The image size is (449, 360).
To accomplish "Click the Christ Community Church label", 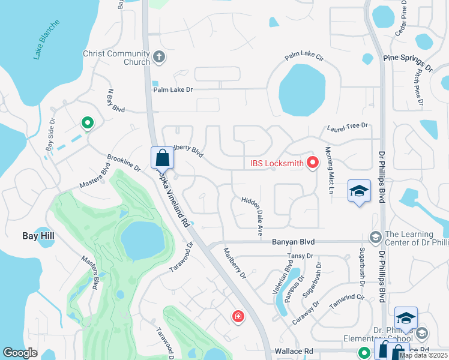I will coord(116,58).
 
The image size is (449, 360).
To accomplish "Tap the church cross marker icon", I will coord(159,58).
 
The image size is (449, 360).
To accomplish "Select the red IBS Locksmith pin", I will coord(312,163).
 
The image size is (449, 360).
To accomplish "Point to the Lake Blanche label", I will coord(46,40).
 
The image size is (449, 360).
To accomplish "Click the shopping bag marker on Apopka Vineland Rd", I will coord(162,158).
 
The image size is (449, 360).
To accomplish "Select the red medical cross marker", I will coord(238,316).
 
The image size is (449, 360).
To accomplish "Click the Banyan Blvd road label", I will coord(293,242).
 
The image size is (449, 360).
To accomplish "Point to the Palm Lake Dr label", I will coord(173,89).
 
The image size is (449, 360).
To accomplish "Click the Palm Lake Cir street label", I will coord(304,58).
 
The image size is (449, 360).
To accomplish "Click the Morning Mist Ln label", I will coord(328,169).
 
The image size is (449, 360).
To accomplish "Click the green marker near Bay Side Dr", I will coord(88,124).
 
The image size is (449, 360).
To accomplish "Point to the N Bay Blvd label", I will coord(115,101).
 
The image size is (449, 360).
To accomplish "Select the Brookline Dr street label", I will coord(124,163).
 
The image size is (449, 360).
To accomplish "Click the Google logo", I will coord(20,353).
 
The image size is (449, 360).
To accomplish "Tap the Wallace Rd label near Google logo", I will coord(291,351).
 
